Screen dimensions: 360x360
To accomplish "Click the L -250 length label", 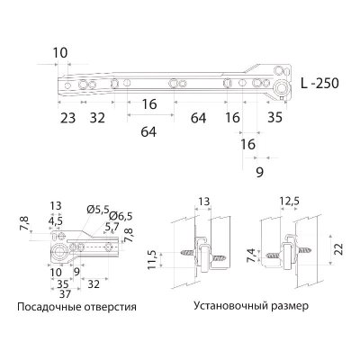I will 319,82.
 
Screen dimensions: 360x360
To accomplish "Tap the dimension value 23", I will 68,117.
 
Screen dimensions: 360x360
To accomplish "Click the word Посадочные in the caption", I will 49,306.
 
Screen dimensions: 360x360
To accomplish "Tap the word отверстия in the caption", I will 109,306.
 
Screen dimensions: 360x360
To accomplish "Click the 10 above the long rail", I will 60,52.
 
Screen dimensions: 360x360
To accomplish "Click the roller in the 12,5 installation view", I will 289,253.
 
